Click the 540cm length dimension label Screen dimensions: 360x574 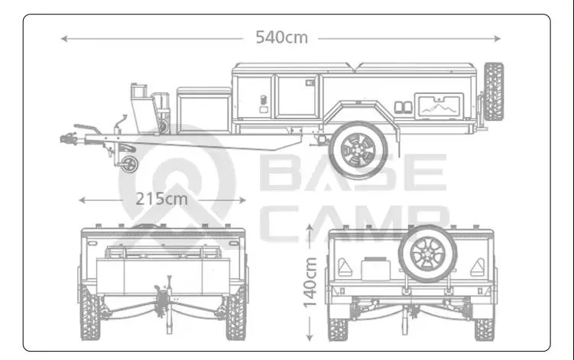[x=281, y=36]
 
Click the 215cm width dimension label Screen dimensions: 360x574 [x=162, y=199]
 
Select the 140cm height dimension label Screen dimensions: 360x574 [x=310, y=282]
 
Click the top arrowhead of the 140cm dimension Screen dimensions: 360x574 [x=310, y=227]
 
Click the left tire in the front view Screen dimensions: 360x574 [x=91, y=313]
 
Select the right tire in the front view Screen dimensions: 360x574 [x=235, y=313]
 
